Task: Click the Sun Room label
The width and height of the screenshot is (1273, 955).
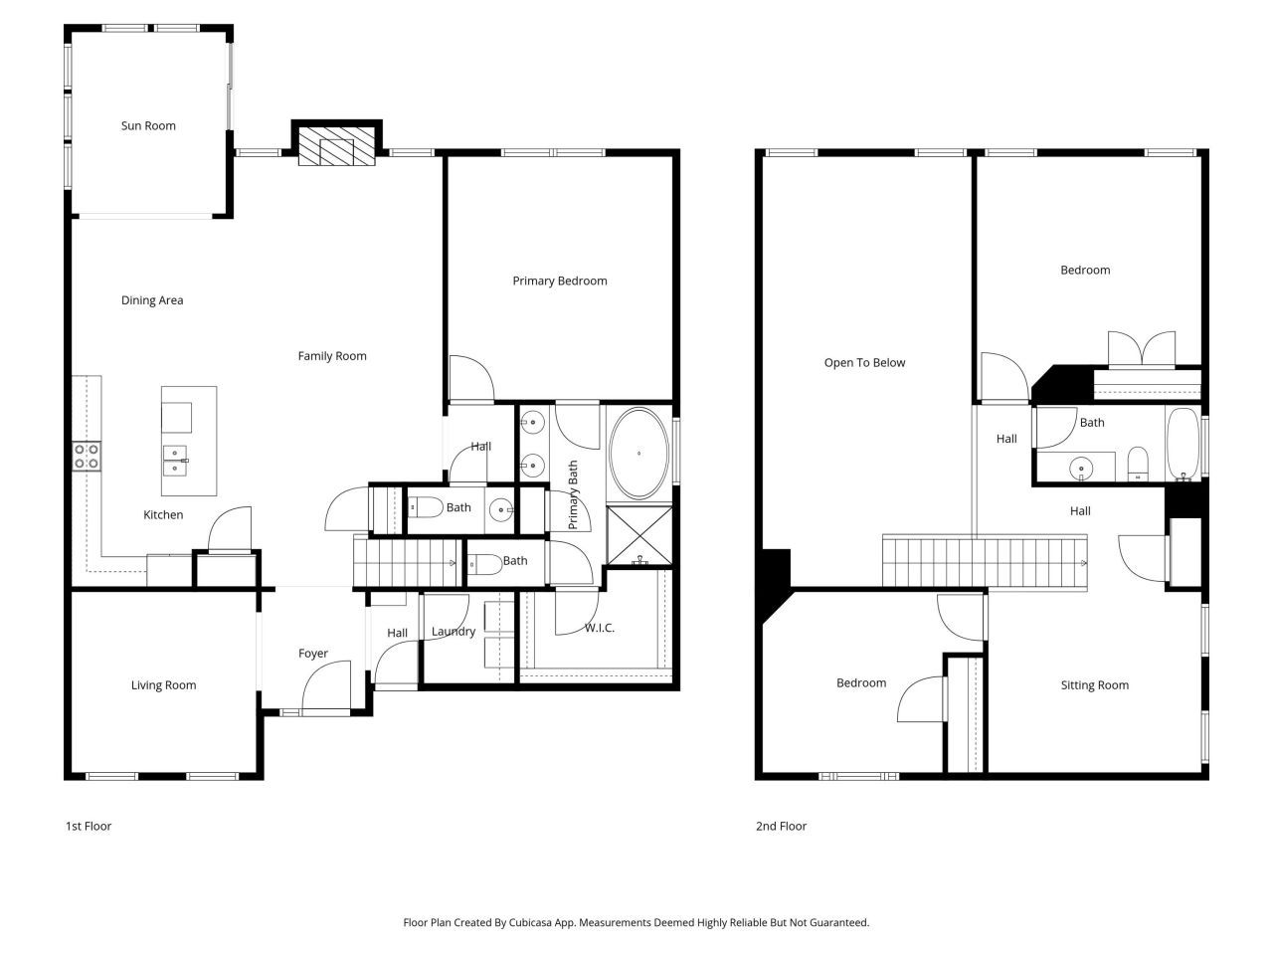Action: pos(148,126)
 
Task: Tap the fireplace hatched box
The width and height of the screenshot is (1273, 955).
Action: pos(337,146)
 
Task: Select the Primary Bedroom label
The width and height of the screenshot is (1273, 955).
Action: pos(559,282)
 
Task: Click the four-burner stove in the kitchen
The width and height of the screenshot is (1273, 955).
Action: pos(87,456)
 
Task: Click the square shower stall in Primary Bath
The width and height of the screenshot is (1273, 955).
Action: pos(638,536)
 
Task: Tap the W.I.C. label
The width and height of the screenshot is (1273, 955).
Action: pos(599,628)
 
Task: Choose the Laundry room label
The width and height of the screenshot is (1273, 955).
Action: pos(453,632)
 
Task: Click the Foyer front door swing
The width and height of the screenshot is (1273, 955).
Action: pos(326,688)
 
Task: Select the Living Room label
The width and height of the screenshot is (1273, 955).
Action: pos(163,685)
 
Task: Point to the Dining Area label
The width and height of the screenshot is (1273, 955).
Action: pos(152,300)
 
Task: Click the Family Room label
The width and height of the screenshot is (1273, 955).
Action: pos(332,356)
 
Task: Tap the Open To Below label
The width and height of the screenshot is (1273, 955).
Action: pos(864,363)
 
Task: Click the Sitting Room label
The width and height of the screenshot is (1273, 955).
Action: pos(1094,685)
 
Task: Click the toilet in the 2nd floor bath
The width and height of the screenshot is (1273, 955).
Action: pos(1138,463)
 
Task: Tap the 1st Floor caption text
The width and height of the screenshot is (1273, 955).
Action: pos(89,827)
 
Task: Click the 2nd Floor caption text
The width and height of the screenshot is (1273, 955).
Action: pos(781,827)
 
